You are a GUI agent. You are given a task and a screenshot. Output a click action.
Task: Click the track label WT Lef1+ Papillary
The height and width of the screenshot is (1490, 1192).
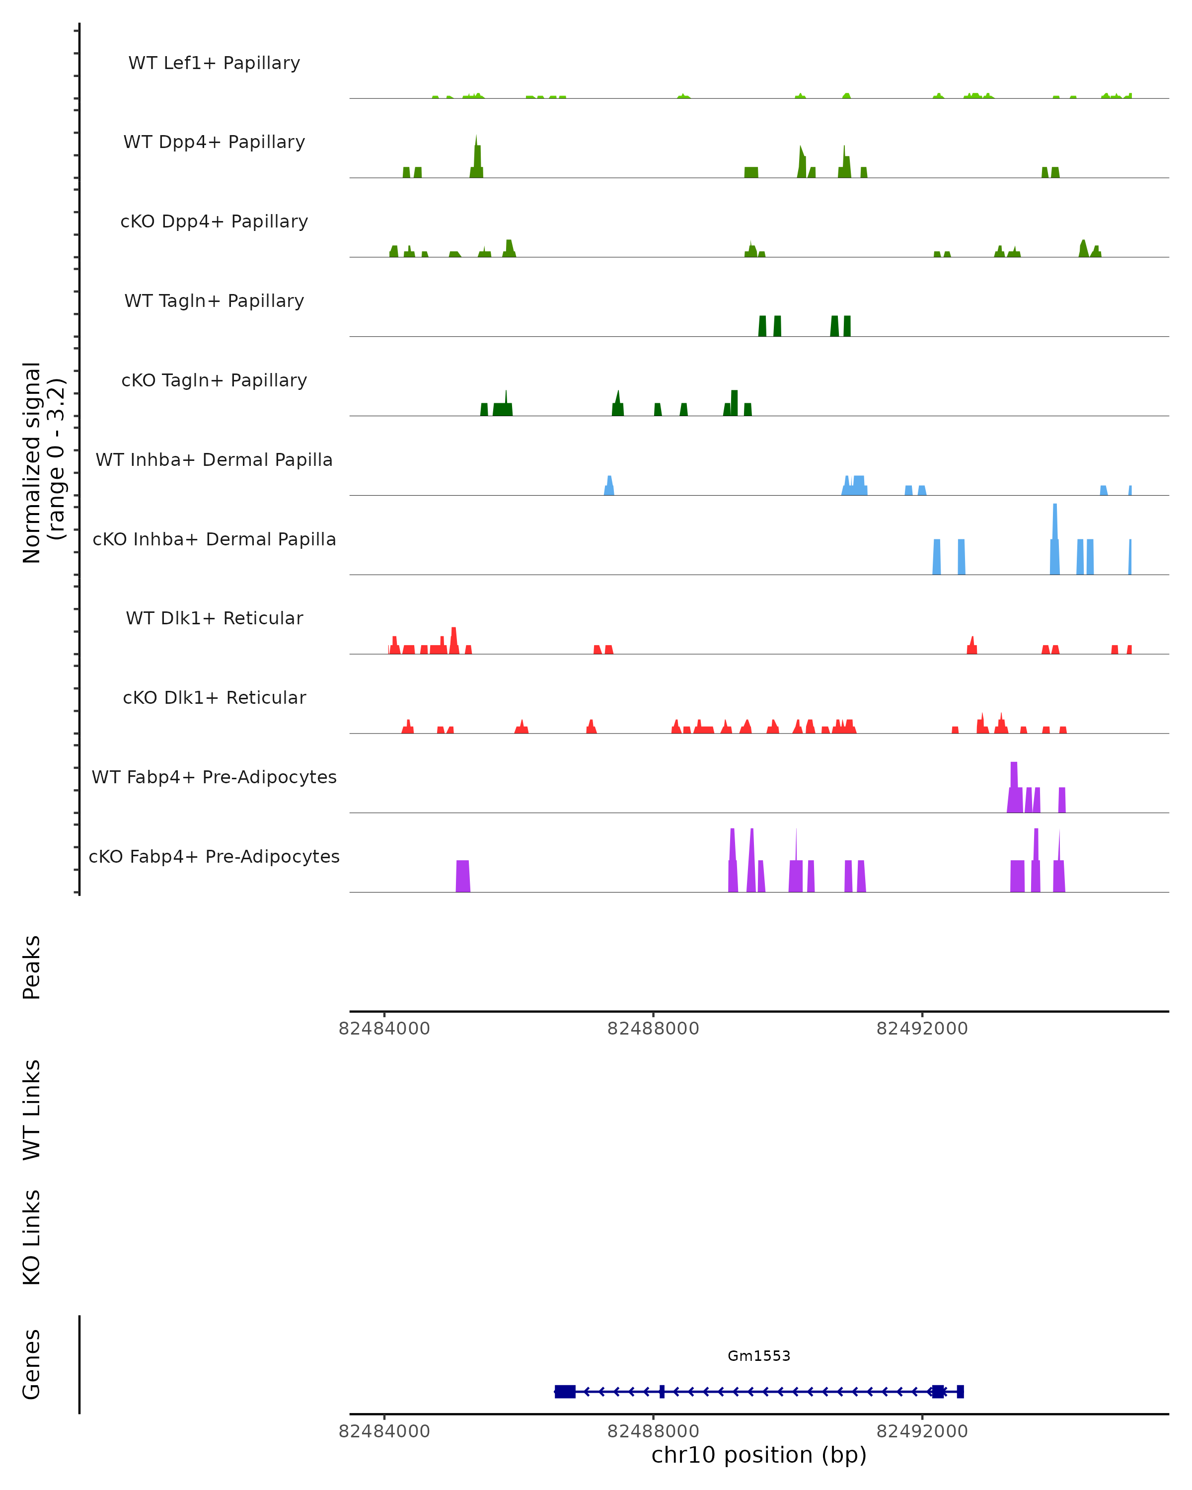pos(214,63)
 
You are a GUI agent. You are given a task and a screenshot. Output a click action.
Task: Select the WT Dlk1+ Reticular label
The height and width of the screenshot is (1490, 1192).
pos(214,618)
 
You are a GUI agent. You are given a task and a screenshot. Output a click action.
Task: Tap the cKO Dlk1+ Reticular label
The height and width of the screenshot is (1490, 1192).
pos(214,697)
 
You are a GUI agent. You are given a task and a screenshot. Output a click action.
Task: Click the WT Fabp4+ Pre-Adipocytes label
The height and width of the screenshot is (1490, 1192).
pos(214,777)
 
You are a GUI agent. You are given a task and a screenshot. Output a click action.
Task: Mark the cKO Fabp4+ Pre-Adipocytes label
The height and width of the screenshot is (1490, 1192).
pos(214,856)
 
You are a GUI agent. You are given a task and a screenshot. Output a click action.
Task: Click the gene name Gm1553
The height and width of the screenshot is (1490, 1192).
pos(759,1356)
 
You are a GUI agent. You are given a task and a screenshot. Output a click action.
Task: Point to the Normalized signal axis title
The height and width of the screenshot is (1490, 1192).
pos(43,462)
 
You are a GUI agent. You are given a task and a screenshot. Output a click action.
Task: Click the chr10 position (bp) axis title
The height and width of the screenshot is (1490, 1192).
pos(759,1455)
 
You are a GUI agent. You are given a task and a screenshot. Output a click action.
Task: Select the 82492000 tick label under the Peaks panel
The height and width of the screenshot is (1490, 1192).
pos(922,1029)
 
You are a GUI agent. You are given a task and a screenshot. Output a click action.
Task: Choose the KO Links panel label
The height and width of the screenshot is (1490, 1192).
pos(32,1237)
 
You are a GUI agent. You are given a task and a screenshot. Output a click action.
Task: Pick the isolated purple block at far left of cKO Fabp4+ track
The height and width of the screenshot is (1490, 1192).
pos(463,876)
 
